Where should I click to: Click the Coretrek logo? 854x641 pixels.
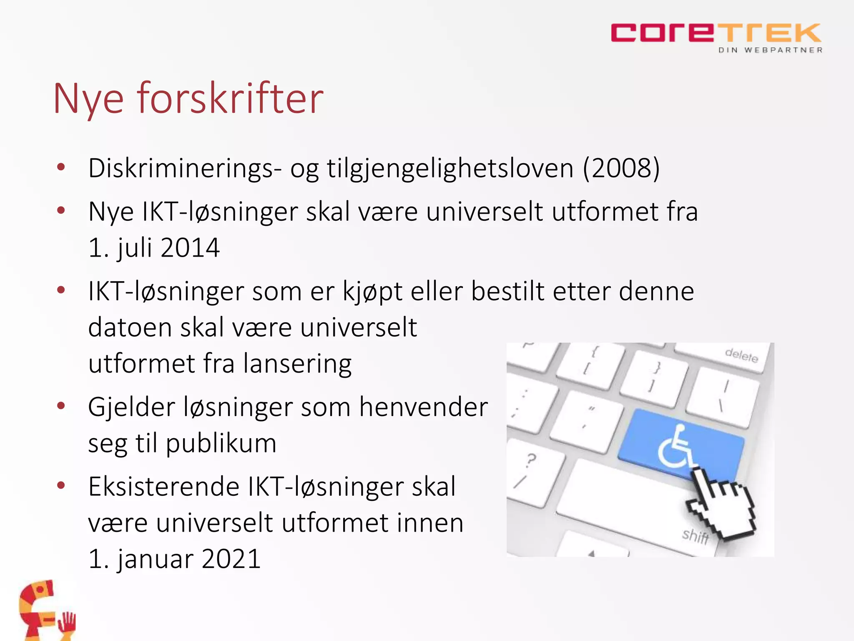(716, 33)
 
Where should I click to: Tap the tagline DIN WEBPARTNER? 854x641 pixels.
(770, 50)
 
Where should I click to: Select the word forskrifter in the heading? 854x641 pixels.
(230, 98)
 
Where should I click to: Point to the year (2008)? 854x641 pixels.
(621, 168)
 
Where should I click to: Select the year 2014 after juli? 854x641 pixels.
(190, 248)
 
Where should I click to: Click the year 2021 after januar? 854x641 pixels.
(231, 559)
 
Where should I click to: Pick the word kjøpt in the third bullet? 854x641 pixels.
(372, 292)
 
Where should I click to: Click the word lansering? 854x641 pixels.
(297, 364)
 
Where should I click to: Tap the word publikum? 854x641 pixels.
(221, 444)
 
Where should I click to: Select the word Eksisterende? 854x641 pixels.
(164, 487)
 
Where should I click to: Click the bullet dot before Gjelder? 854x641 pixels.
(61, 406)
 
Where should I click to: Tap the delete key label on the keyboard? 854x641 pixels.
(741, 356)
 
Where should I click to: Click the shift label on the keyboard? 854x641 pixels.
(695, 535)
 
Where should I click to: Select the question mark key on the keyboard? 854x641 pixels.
(530, 461)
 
